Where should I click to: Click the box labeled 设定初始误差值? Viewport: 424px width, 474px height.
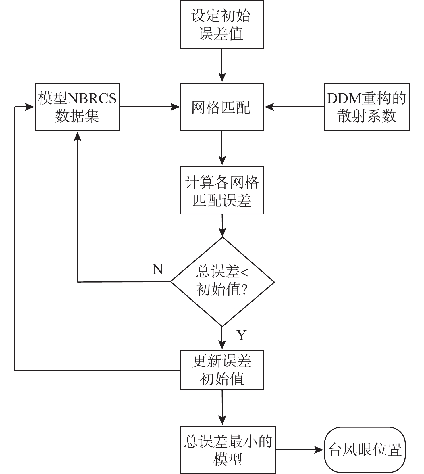[222, 24]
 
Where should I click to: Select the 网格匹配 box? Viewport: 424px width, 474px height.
[222, 107]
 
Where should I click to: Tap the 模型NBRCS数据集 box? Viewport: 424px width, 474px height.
[77, 107]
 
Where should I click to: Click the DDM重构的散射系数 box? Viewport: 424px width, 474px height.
[367, 107]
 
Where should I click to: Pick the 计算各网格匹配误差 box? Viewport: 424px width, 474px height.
[222, 190]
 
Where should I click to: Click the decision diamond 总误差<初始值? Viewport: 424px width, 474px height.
[222, 282]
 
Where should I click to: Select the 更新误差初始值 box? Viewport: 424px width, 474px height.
[222, 370]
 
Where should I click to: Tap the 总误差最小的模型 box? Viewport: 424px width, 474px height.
[228, 450]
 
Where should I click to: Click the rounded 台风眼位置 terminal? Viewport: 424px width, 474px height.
[365, 450]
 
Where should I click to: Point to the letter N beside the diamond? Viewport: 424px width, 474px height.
[158, 269]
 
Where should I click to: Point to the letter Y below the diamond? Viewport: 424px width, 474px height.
[241, 335]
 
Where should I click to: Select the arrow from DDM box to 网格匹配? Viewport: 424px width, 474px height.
[294, 107]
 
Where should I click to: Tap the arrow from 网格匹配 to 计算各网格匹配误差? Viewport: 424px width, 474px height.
[222, 148]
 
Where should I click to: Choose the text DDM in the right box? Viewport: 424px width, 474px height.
[344, 98]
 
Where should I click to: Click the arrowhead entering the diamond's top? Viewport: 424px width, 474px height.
[222, 232]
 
